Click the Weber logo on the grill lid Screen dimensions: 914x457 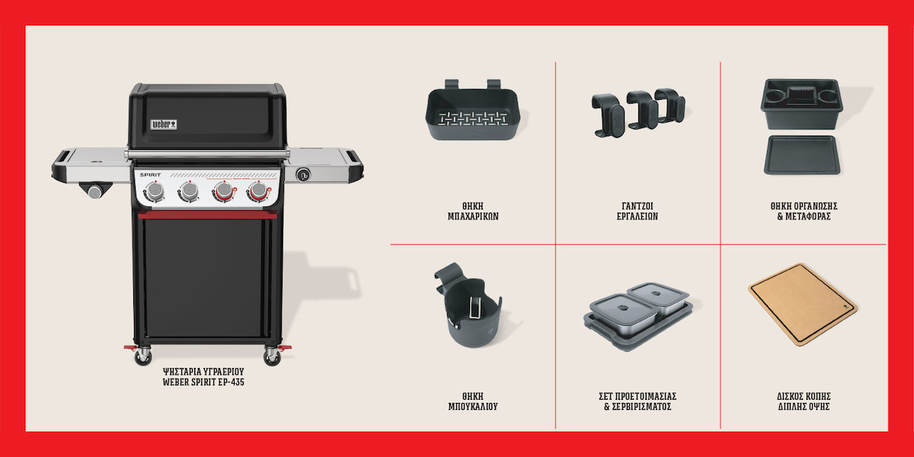(x=164, y=124)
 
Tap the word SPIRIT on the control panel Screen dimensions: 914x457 (x=151, y=174)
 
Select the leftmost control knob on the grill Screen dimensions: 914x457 (x=155, y=191)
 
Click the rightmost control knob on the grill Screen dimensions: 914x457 (x=258, y=190)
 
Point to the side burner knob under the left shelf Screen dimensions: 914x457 (x=95, y=192)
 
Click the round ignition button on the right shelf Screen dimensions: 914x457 (x=303, y=175)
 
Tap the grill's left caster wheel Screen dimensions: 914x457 (x=143, y=356)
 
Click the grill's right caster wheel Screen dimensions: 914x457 (x=272, y=357)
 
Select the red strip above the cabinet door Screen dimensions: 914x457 (x=207, y=215)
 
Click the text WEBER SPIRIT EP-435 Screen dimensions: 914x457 (x=203, y=382)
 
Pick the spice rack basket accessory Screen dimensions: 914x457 (x=472, y=110)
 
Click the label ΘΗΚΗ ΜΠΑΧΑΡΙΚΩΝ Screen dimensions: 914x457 (x=473, y=212)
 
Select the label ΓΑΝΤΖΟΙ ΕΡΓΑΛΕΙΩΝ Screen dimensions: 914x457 (x=638, y=212)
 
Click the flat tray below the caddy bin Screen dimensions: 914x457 (x=802, y=155)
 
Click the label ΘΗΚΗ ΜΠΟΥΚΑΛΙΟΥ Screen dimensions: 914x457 (x=473, y=401)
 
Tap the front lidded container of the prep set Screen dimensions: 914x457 (x=623, y=315)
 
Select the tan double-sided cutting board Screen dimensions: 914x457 (x=803, y=305)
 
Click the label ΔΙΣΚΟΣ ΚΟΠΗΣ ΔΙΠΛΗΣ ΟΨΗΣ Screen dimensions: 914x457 (x=804, y=401)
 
